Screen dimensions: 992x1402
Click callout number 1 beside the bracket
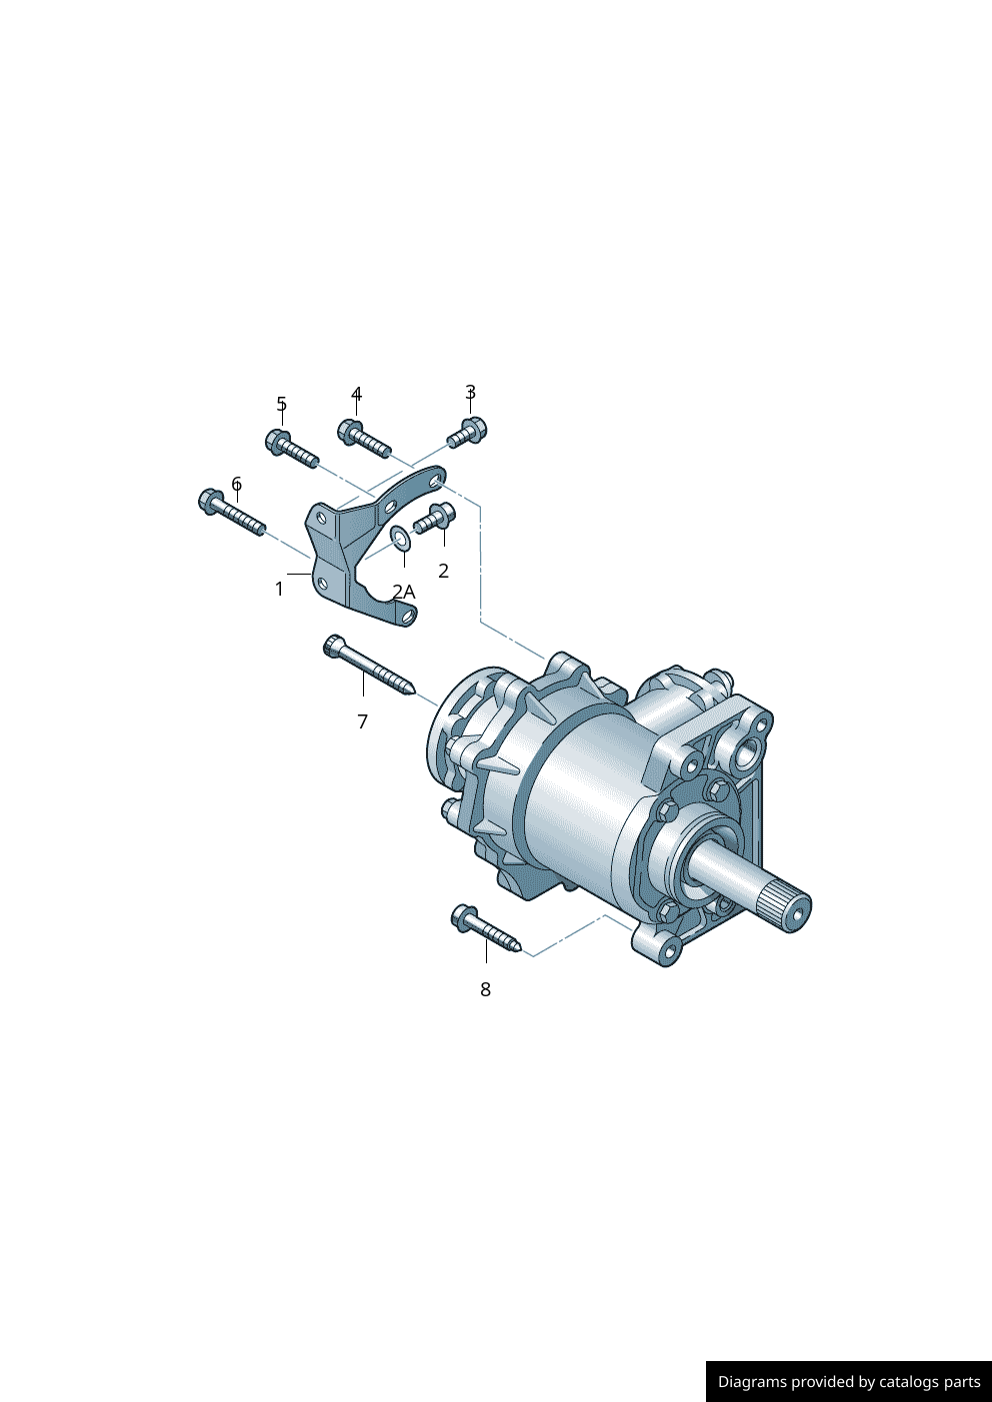(279, 589)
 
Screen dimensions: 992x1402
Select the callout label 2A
(404, 592)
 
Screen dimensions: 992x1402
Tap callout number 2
(443, 571)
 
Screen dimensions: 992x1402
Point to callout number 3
(470, 393)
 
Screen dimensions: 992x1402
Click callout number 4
(356, 395)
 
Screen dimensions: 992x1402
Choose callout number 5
(282, 404)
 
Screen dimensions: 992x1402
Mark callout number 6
(237, 484)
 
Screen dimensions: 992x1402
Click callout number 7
(363, 721)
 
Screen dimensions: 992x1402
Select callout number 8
(485, 989)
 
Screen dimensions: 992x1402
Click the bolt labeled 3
(468, 432)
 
